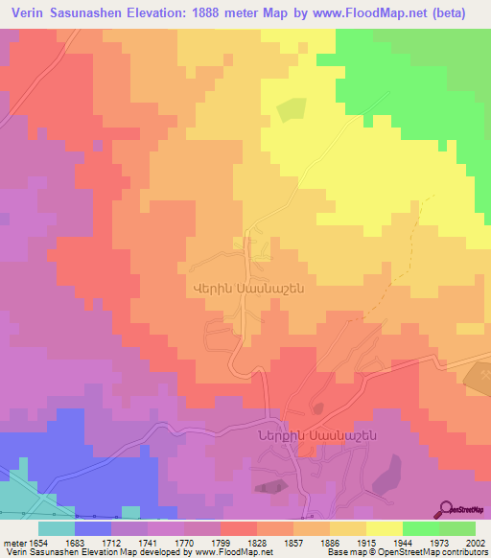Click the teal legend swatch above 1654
pos(57,528)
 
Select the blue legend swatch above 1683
pos(93,528)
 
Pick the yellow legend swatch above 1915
pos(385,528)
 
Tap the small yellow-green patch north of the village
pos(291,110)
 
